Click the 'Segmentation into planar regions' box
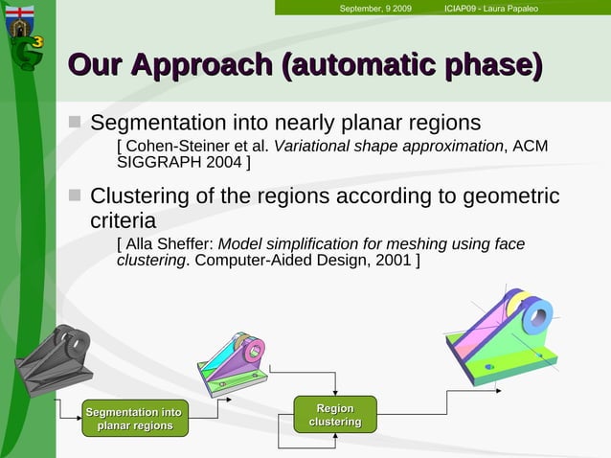[134, 419]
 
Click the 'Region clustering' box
[334, 416]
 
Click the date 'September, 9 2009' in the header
[375, 9]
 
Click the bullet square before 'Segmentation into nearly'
[75, 123]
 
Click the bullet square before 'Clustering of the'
[75, 195]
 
